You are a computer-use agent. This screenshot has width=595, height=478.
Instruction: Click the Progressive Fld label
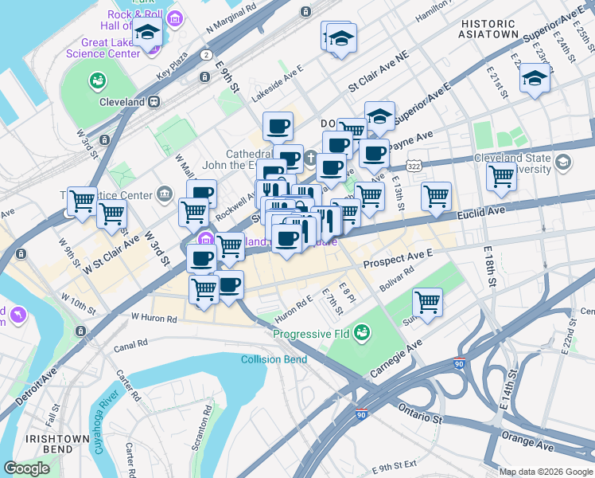click(312, 333)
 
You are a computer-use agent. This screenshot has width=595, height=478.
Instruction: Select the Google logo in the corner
click(28, 468)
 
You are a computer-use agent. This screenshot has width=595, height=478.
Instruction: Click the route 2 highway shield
click(207, 55)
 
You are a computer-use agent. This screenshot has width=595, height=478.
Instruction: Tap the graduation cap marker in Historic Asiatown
click(533, 80)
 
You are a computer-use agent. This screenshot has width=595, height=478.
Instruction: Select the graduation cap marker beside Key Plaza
click(148, 33)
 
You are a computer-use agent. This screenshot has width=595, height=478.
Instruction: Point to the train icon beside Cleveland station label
click(155, 102)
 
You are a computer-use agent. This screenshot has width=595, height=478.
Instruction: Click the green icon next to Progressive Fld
click(362, 330)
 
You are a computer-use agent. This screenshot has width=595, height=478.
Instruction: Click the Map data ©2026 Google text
click(545, 472)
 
